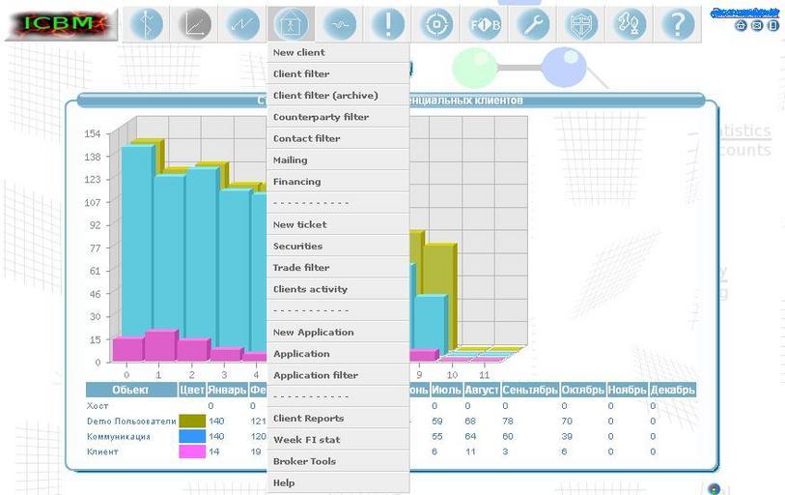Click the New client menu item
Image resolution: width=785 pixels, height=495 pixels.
[299, 52]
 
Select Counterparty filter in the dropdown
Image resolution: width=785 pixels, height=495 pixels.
[321, 117]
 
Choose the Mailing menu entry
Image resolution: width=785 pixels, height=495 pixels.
[291, 160]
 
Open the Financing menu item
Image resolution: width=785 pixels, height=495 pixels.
[296, 182]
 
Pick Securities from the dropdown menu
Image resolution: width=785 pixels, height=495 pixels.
[297, 247]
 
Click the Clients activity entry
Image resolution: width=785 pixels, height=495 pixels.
[310, 289]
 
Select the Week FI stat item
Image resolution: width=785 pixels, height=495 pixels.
[306, 440]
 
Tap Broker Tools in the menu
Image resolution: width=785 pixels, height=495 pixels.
[304, 461]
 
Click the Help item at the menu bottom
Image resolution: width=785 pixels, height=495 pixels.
[284, 482]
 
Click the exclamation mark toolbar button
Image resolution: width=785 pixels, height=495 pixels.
[388, 24]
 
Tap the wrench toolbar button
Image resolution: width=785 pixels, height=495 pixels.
[533, 24]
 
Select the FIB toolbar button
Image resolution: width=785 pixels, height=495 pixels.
[485, 24]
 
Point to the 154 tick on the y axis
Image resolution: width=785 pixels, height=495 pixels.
[93, 134]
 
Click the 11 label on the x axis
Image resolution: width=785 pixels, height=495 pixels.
[484, 375]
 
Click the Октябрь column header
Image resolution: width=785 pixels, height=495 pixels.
[582, 390]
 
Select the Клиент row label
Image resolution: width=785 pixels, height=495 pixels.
[102, 451]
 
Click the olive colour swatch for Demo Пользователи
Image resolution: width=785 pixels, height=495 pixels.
[192, 422]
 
